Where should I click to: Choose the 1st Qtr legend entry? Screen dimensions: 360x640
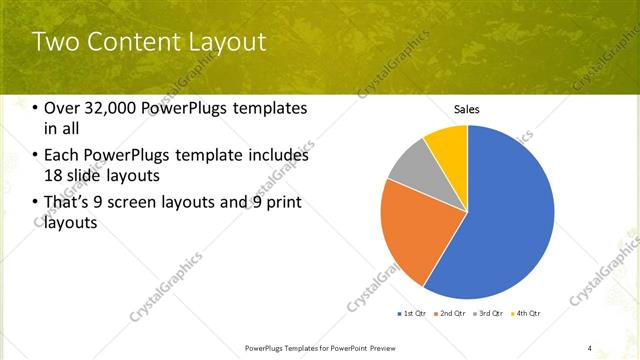(x=413, y=314)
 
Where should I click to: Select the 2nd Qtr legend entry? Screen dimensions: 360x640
(x=451, y=314)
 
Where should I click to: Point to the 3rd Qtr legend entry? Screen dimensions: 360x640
(x=489, y=314)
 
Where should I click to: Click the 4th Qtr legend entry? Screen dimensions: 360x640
(x=526, y=314)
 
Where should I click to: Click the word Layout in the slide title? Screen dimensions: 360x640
(x=230, y=42)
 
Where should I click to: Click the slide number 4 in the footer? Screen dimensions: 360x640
(x=590, y=348)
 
